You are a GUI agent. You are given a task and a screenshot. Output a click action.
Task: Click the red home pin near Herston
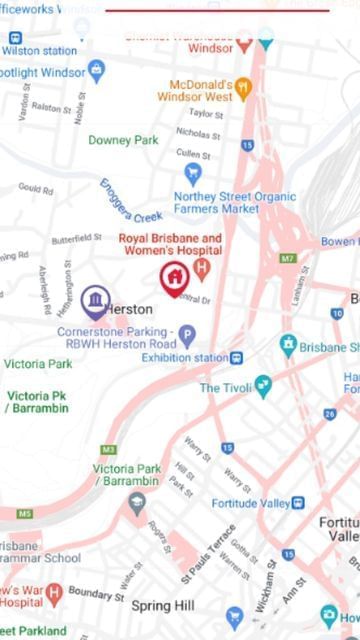click(x=174, y=276)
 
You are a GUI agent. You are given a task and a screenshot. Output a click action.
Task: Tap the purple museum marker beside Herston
click(x=95, y=298)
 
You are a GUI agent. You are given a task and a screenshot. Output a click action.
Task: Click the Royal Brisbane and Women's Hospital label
click(x=170, y=244)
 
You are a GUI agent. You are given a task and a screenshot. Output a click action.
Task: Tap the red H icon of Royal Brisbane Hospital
click(x=202, y=267)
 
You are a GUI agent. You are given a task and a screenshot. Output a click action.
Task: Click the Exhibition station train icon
click(x=237, y=358)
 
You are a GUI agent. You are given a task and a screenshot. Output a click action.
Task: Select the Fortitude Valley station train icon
click(x=299, y=502)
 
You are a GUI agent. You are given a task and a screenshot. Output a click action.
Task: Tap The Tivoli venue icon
click(x=263, y=383)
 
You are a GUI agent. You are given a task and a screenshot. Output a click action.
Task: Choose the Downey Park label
click(x=123, y=140)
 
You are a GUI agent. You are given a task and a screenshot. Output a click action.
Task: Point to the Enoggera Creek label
click(x=130, y=200)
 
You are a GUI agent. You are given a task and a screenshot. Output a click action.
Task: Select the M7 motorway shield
click(x=287, y=258)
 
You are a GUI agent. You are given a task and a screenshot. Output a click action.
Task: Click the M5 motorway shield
click(x=24, y=514)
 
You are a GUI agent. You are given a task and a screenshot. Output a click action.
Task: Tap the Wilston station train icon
click(x=14, y=38)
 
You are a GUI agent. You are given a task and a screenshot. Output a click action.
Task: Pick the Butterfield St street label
click(x=76, y=238)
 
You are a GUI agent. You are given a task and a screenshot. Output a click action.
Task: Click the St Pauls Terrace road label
click(x=209, y=553)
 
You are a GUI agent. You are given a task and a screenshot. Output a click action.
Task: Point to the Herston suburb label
click(x=129, y=309)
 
